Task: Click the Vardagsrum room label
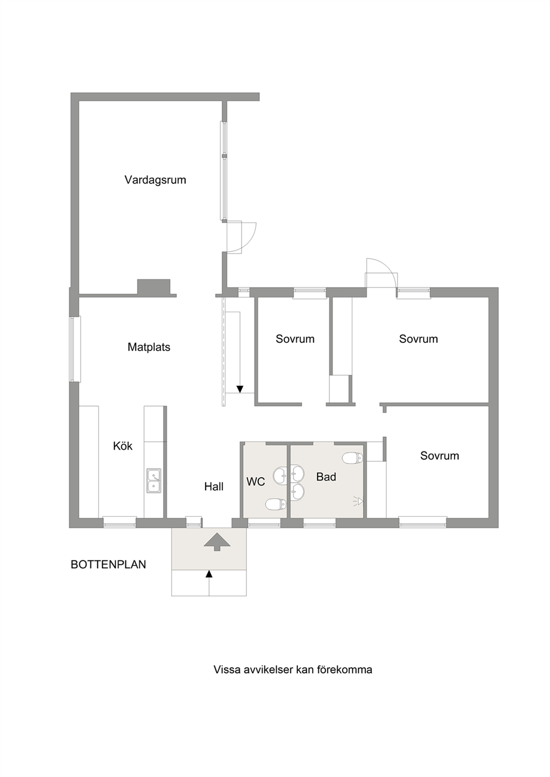(155, 180)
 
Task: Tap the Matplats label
(149, 347)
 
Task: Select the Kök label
(123, 446)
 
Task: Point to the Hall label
(213, 487)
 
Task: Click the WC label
(256, 482)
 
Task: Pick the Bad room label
(326, 477)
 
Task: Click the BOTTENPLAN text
(108, 564)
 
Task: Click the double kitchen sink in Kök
(154, 480)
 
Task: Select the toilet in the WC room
(276, 504)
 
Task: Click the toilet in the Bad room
(353, 458)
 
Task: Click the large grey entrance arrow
(217, 542)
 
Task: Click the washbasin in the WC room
(280, 476)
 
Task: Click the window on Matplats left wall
(75, 349)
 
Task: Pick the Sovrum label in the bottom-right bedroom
(440, 455)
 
